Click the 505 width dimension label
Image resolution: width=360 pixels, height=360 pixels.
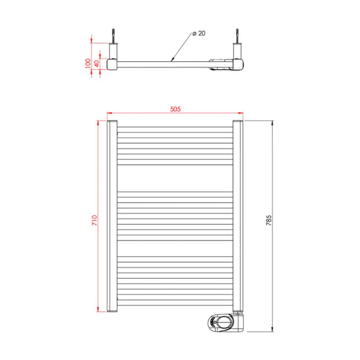coord(175,109)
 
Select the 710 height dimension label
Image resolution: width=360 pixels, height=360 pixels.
coord(95,220)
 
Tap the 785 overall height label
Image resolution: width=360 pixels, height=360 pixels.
coord(269,220)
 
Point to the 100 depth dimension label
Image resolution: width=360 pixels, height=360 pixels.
coord(88,63)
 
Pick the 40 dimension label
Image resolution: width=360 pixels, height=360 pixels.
coord(97,64)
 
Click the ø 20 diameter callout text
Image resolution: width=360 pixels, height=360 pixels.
coord(199,33)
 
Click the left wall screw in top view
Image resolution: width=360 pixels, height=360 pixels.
coord(113,36)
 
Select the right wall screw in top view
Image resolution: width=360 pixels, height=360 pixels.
coord(237,36)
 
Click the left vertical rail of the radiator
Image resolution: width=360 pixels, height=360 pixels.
coord(112,216)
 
